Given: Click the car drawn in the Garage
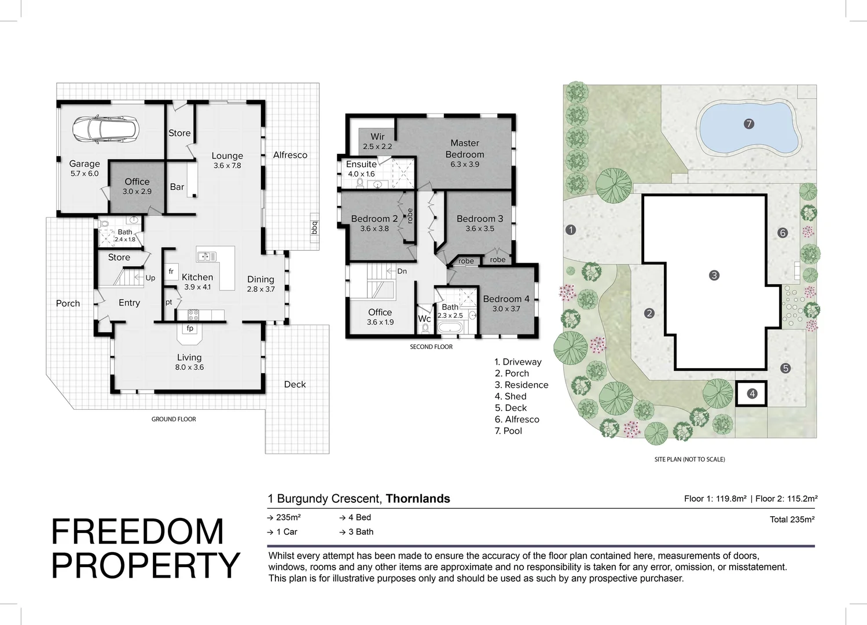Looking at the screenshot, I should (105, 130).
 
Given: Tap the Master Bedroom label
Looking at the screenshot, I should (465, 149).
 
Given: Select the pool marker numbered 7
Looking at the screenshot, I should (748, 124).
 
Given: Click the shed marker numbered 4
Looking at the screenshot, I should (752, 394).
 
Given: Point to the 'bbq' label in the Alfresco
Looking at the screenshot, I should (314, 227).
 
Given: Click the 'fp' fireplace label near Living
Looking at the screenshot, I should (190, 329).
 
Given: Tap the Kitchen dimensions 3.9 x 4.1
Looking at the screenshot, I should (197, 287).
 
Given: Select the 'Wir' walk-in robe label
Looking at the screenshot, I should (377, 137).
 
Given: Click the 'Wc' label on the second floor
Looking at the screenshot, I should (424, 319).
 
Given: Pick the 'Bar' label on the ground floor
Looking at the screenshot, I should (177, 187).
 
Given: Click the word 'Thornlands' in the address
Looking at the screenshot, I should (418, 499).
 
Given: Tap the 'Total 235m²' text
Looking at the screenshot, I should (792, 520).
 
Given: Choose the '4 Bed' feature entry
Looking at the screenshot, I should (359, 517).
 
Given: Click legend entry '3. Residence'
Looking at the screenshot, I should (521, 385).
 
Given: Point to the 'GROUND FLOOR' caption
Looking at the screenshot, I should (174, 419).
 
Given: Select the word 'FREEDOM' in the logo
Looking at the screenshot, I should (138, 532).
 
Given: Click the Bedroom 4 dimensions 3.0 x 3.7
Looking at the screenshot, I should (506, 309).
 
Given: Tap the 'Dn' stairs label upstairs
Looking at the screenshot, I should (402, 271).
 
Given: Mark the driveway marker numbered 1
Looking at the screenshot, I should (571, 230).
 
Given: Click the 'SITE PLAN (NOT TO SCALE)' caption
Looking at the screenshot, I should (689, 459).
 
